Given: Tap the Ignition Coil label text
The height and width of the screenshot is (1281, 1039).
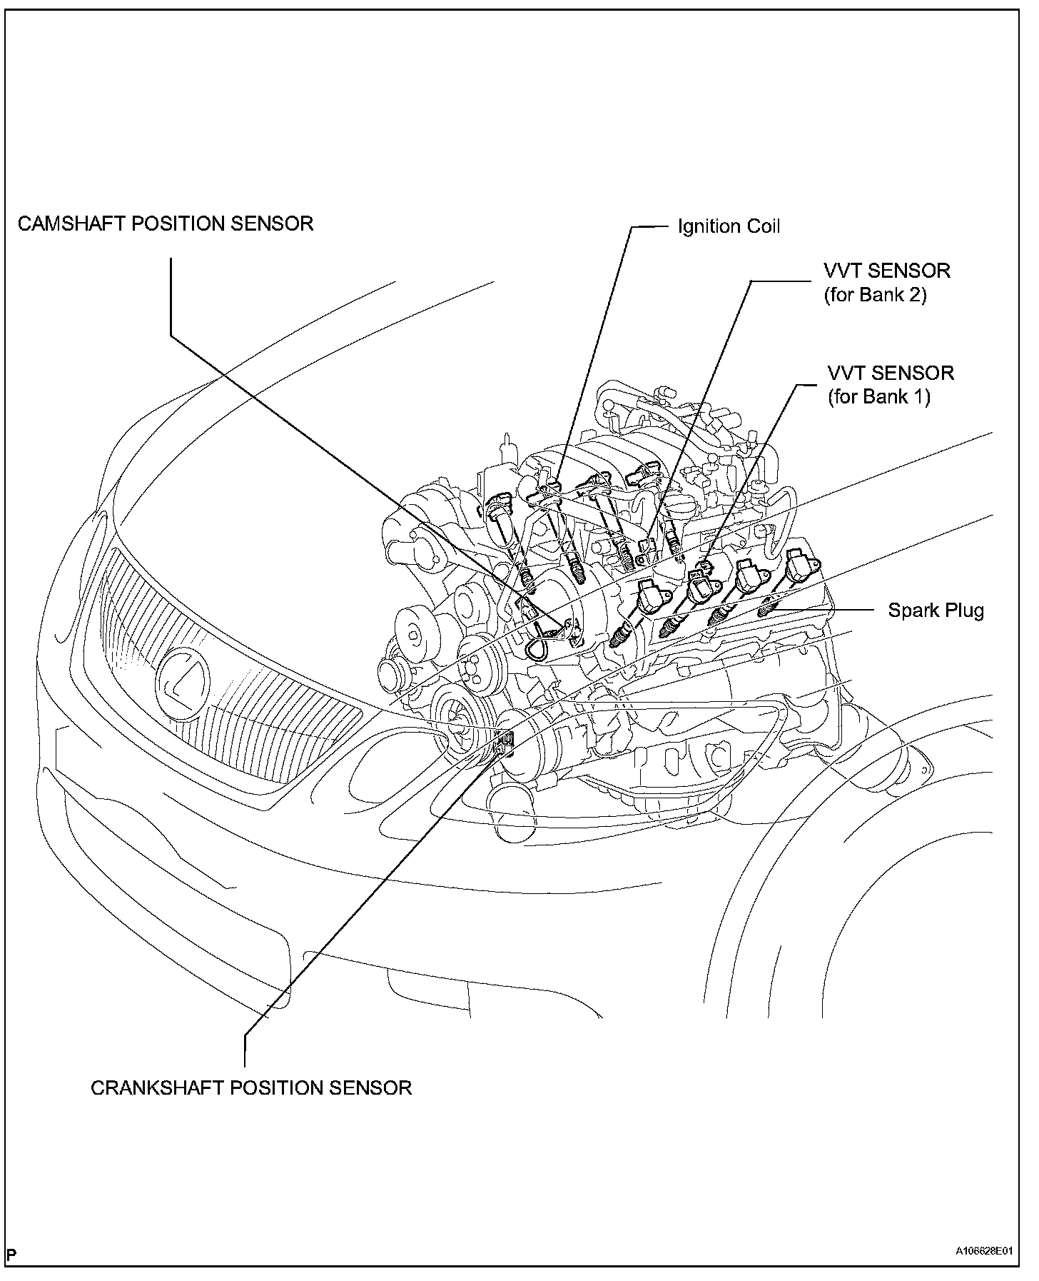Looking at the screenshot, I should [x=729, y=226].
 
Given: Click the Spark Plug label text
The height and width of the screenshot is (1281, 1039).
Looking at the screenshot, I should [x=936, y=610].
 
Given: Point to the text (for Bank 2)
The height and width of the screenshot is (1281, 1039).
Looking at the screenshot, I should [x=875, y=294].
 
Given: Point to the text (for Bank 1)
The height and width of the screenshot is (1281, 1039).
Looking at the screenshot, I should [x=878, y=396].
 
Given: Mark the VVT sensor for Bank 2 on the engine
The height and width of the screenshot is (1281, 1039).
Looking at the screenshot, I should [x=648, y=546].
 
